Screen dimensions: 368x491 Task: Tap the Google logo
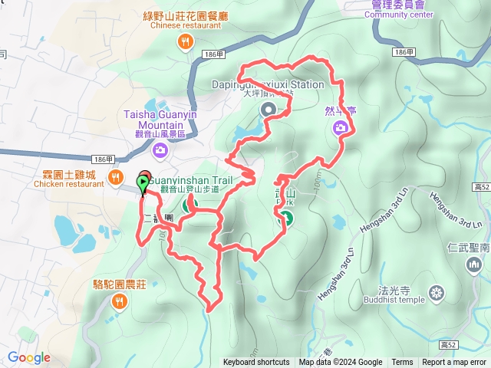pyautogui.click(x=29, y=357)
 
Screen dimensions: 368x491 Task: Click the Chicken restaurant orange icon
pyautogui.click(x=116, y=178)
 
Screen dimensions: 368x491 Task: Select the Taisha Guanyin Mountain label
pyautogui.click(x=160, y=120)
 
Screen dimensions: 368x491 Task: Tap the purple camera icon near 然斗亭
pyautogui.click(x=341, y=128)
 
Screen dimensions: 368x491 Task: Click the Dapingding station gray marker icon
pyautogui.click(x=269, y=110)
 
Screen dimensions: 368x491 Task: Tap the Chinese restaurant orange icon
pyautogui.click(x=184, y=41)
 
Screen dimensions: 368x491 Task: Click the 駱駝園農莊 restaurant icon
pyautogui.click(x=119, y=301)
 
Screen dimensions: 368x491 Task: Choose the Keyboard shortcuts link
pyautogui.click(x=256, y=363)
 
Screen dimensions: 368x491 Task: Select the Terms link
pyautogui.click(x=402, y=363)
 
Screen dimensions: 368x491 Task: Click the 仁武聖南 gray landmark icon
pyautogui.click(x=473, y=265)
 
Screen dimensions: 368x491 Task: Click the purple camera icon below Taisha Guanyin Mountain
pyautogui.click(x=160, y=149)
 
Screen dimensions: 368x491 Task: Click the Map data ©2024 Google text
pyautogui.click(x=341, y=363)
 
